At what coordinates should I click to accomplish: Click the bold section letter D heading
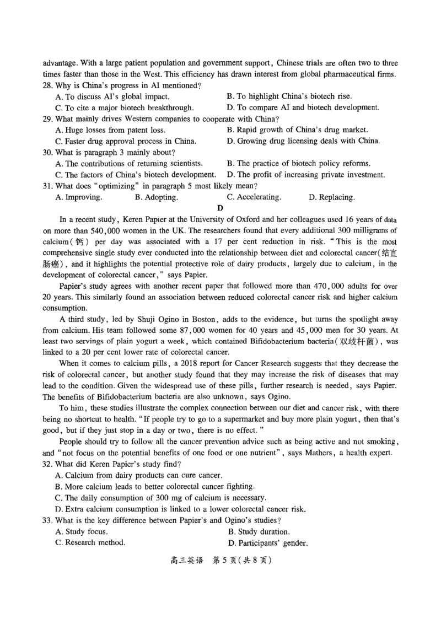tap(220, 208)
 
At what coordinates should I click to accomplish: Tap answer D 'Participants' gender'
tap(267, 543)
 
